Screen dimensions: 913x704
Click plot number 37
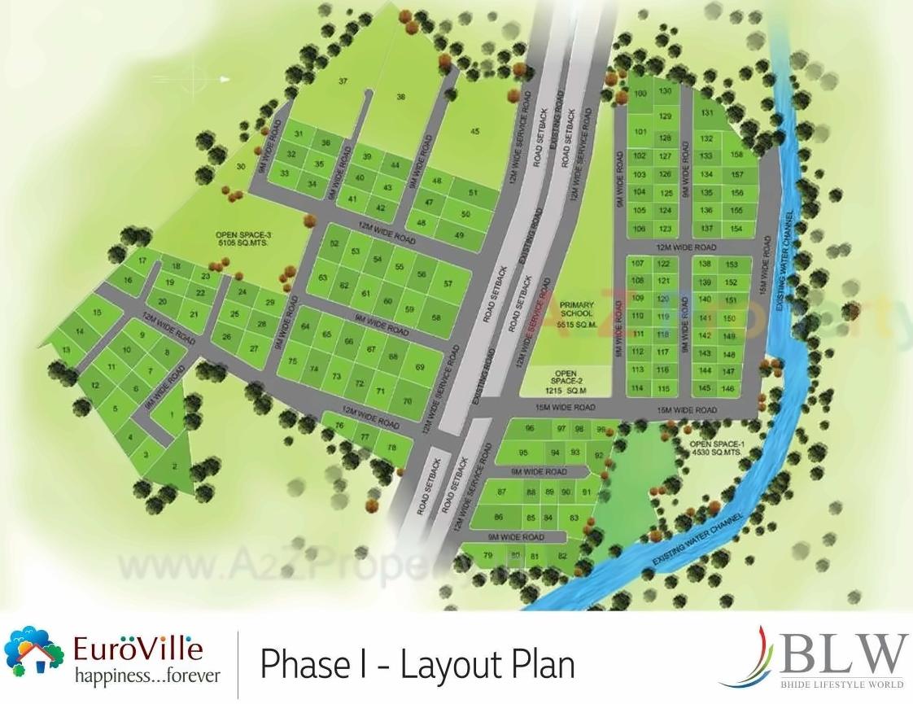pyautogui.click(x=343, y=81)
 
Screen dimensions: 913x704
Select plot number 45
pyautogui.click(x=474, y=131)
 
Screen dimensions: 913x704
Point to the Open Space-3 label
pyautogui.click(x=243, y=238)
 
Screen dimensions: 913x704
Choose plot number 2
pyautogui.click(x=175, y=466)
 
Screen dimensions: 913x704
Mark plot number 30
pyautogui.click(x=240, y=167)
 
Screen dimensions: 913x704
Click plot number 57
pyautogui.click(x=448, y=283)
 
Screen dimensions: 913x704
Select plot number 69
pyautogui.click(x=420, y=367)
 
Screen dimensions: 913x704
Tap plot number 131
pyautogui.click(x=707, y=113)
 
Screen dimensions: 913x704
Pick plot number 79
pyautogui.click(x=488, y=556)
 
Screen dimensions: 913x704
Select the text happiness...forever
pyautogui.click(x=147, y=676)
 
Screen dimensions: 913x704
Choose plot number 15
pyautogui.click(x=97, y=312)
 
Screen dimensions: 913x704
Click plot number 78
pyautogui.click(x=392, y=447)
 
